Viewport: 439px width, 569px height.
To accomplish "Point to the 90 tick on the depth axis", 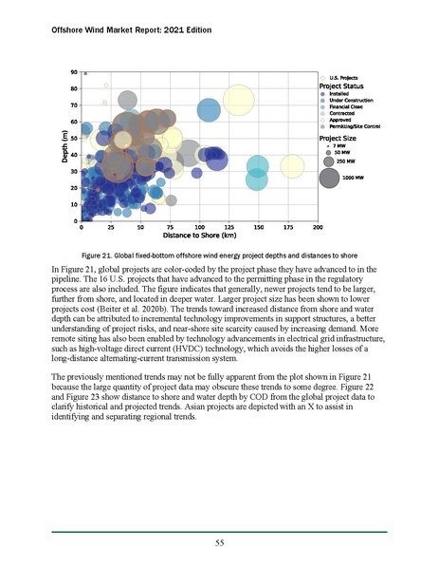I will [74, 72].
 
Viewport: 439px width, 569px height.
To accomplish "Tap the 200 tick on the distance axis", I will [317, 228].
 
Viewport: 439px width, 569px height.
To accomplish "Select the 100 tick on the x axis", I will [199, 228].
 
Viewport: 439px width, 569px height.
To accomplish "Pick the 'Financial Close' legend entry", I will [353, 107].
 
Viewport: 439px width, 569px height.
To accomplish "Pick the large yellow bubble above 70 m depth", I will [239, 99].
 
